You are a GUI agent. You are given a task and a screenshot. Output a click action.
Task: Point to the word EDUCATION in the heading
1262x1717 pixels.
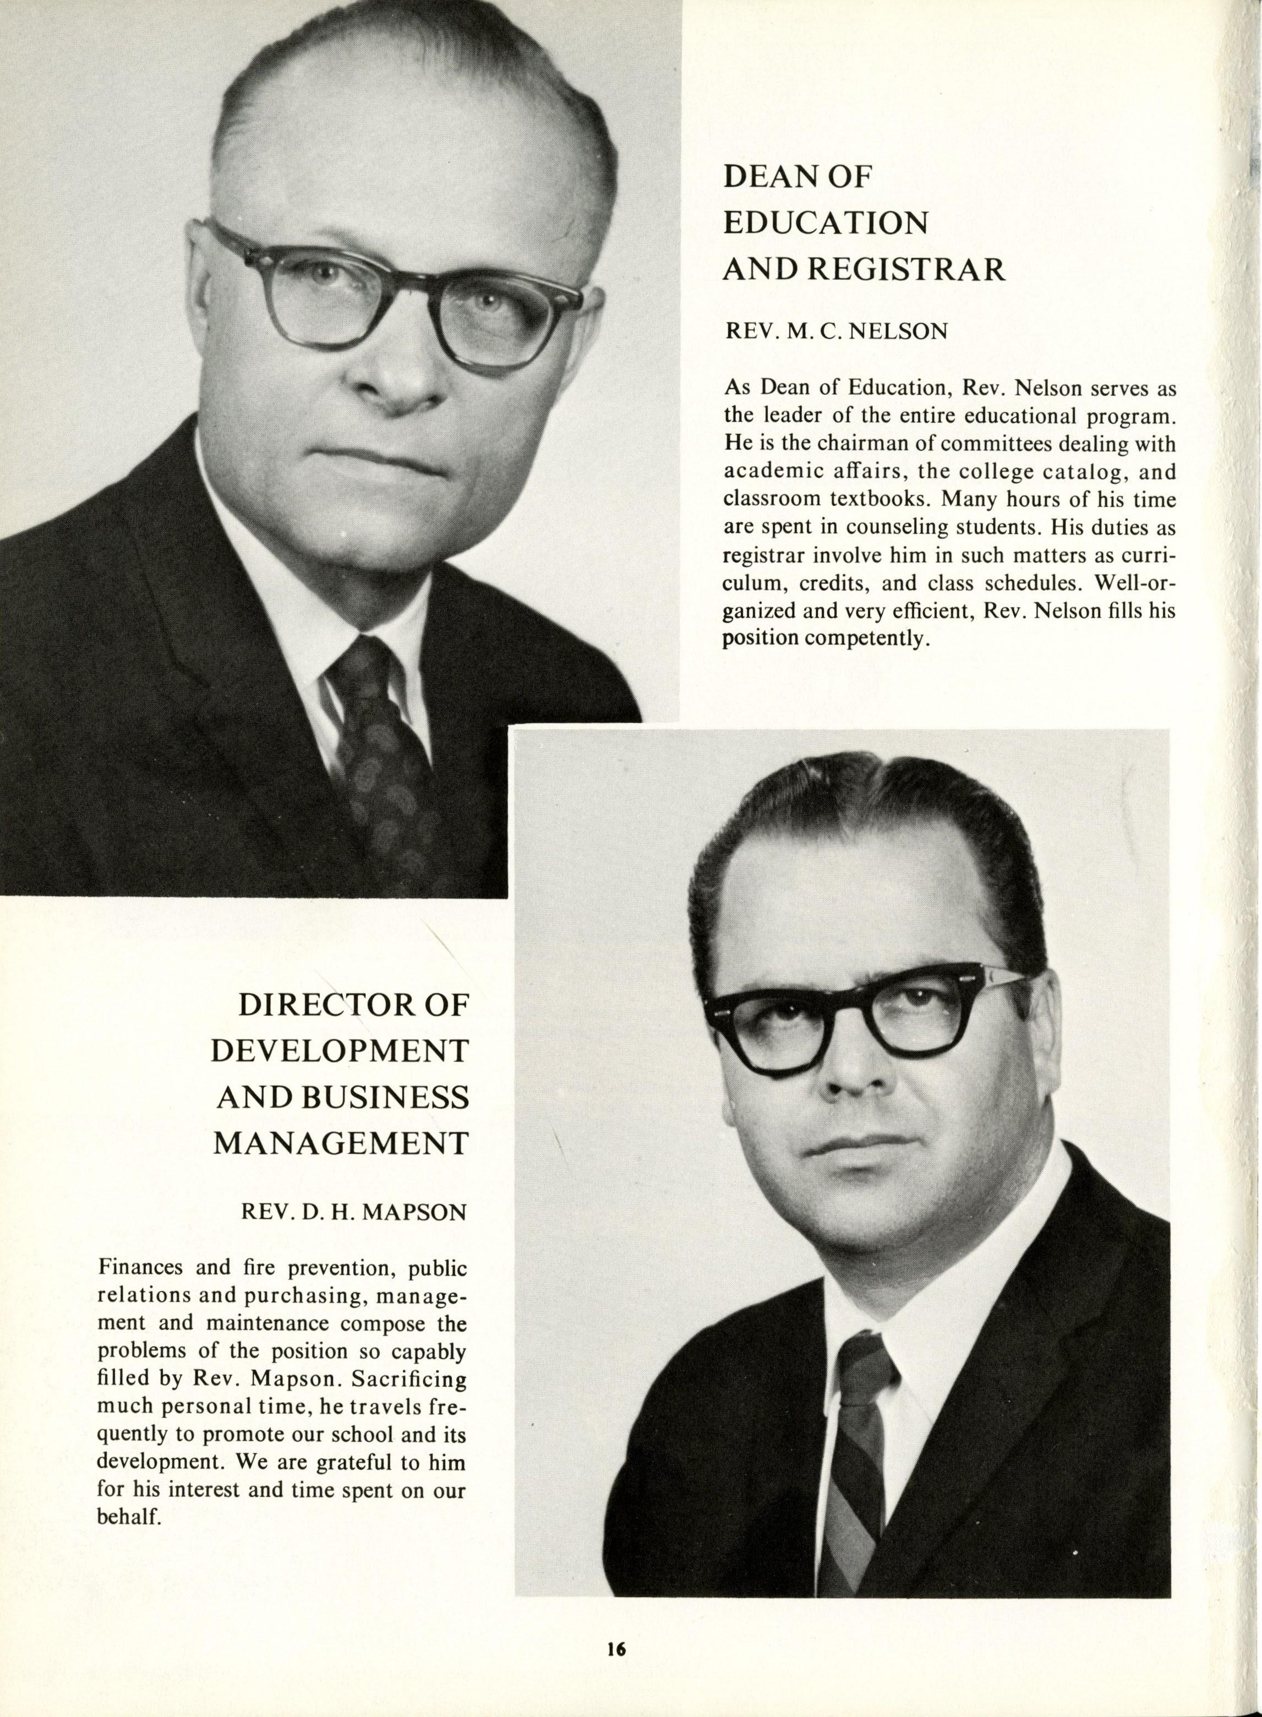point(825,223)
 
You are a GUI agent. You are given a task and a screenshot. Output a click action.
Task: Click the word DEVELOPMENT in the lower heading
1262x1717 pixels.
point(338,1052)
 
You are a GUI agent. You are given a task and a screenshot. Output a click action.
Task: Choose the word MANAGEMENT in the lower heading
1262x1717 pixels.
point(340,1144)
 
